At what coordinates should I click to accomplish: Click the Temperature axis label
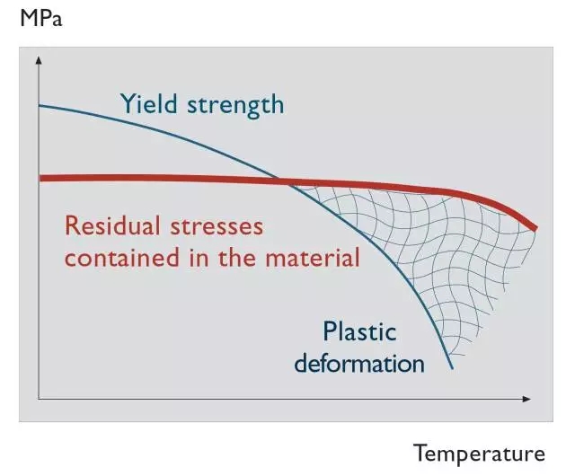point(479,453)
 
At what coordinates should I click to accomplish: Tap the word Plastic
point(359,331)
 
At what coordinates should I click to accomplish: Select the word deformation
point(359,364)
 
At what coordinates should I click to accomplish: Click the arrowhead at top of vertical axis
point(39,59)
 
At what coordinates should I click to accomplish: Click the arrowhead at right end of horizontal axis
point(530,397)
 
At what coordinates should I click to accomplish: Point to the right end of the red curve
point(536,228)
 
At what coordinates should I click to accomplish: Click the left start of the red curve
point(41,178)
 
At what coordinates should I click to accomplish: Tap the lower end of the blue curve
point(452,369)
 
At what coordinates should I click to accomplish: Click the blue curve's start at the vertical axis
point(40,106)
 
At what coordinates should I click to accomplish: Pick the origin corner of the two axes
point(39,397)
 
